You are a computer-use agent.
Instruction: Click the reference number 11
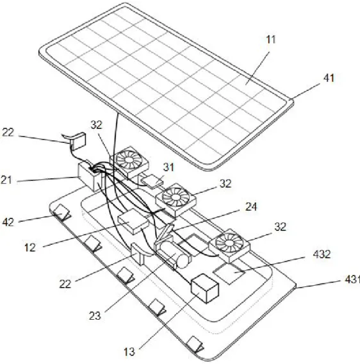coord(270,40)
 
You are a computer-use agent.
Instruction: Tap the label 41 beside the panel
coord(329,78)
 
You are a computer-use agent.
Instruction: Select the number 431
coord(352,279)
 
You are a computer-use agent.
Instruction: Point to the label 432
coord(322,254)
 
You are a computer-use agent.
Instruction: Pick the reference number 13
coord(129,352)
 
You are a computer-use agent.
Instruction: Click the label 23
coord(95,316)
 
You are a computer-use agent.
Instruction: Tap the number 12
coord(30,248)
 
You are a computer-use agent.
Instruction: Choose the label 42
coord(8,222)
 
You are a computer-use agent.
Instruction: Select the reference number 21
coord(6,180)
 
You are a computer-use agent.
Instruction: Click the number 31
coord(168,167)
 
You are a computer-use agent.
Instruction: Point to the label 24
coord(251,207)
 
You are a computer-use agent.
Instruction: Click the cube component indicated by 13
coord(204,288)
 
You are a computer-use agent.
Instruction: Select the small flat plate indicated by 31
coord(152,181)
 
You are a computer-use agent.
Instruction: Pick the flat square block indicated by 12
coord(133,221)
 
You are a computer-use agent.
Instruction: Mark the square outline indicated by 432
coord(229,274)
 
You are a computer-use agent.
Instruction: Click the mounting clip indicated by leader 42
coord(62,212)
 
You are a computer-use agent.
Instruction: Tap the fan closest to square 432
coord(229,245)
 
